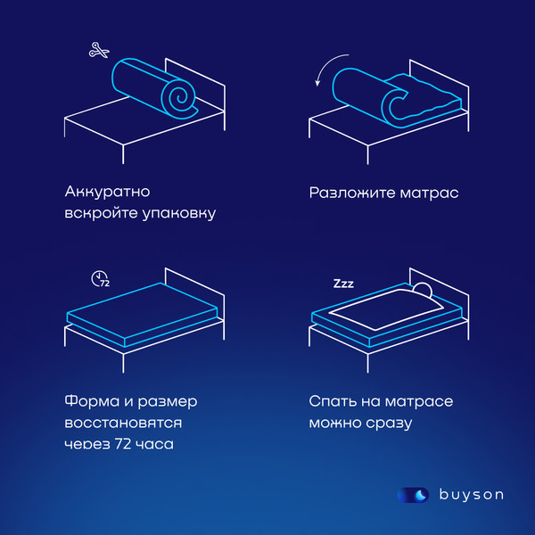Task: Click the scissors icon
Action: [x=97, y=51]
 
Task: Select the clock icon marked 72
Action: [x=100, y=278]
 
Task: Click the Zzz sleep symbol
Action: [x=343, y=284]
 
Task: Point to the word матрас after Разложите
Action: [x=427, y=192]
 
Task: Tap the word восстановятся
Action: [x=124, y=421]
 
